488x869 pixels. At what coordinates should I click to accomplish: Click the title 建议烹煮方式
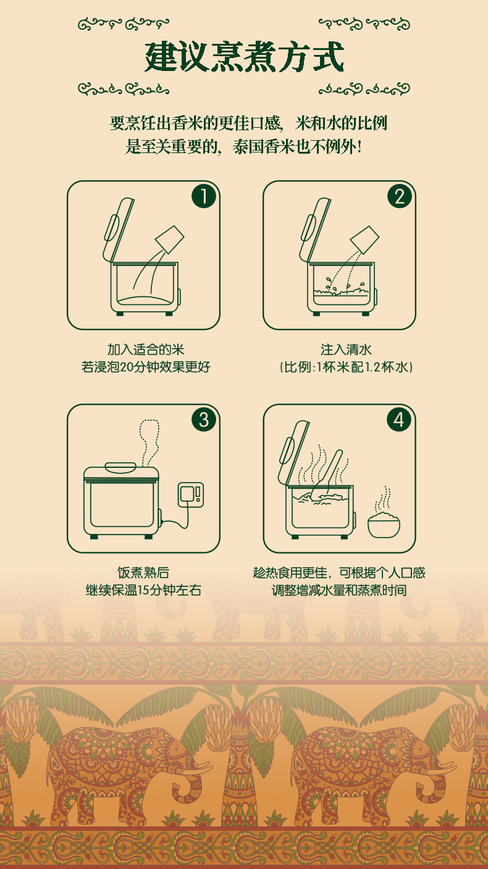click(244, 57)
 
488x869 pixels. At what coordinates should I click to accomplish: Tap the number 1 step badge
click(203, 196)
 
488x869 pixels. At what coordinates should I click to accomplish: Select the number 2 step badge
click(400, 196)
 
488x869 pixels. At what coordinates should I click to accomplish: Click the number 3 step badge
click(203, 420)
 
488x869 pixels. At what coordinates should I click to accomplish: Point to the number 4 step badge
click(399, 420)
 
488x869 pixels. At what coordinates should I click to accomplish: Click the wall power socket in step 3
click(191, 494)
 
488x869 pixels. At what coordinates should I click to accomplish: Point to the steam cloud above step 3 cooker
click(149, 443)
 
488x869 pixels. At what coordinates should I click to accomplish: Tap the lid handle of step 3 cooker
click(120, 467)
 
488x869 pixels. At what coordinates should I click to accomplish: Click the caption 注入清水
click(346, 349)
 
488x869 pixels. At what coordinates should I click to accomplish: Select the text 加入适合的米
click(146, 349)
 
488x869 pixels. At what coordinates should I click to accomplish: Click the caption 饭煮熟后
click(143, 573)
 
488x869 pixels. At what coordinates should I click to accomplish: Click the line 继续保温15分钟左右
click(143, 590)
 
